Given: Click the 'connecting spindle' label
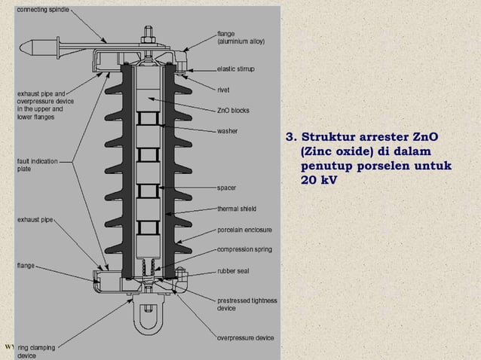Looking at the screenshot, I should click(x=42, y=10).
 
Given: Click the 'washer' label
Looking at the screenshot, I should click(x=229, y=131).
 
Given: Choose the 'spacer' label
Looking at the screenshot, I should click(x=228, y=187).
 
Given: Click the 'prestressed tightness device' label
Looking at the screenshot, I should click(x=247, y=304).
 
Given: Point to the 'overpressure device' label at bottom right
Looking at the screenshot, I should click(x=246, y=337).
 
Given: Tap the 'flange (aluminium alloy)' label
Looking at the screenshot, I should click(x=240, y=38).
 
